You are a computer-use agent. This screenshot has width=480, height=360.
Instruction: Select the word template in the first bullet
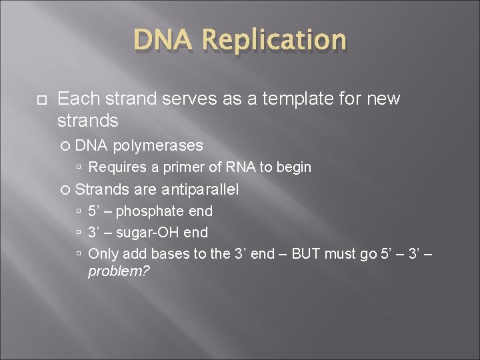(291, 99)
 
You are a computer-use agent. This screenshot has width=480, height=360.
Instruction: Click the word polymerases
(158, 145)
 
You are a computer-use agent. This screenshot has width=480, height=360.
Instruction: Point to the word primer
(173, 167)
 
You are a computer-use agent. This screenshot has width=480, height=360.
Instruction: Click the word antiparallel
(199, 190)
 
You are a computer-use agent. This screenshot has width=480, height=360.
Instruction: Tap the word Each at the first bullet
(75, 99)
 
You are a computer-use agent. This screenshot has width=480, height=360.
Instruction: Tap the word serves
(182, 99)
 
